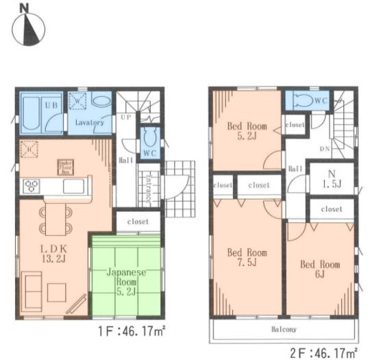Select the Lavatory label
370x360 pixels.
click(89, 123)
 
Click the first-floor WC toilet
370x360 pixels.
click(150, 134)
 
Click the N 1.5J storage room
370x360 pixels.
click(331, 179)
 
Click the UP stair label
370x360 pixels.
click(126, 117)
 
